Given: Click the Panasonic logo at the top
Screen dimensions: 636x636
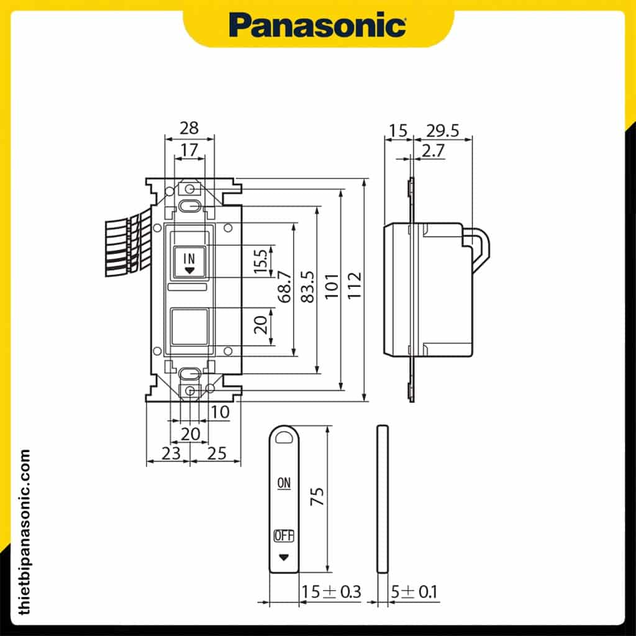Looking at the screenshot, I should point(317,25).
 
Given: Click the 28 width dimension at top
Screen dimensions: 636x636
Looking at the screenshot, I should point(189,128).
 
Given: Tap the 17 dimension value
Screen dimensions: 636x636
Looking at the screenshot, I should point(189,150).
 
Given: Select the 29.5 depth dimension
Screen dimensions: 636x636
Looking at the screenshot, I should point(443,130).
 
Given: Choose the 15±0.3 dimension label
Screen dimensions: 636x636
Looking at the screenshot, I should point(330,592).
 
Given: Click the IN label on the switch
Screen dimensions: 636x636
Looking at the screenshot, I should point(189,258).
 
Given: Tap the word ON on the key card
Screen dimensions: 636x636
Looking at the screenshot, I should point(284,482).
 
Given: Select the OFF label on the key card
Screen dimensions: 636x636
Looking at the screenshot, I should point(284,535).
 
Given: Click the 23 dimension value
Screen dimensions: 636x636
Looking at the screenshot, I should point(163,453).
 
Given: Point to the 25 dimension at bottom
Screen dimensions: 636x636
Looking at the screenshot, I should point(216,453).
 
